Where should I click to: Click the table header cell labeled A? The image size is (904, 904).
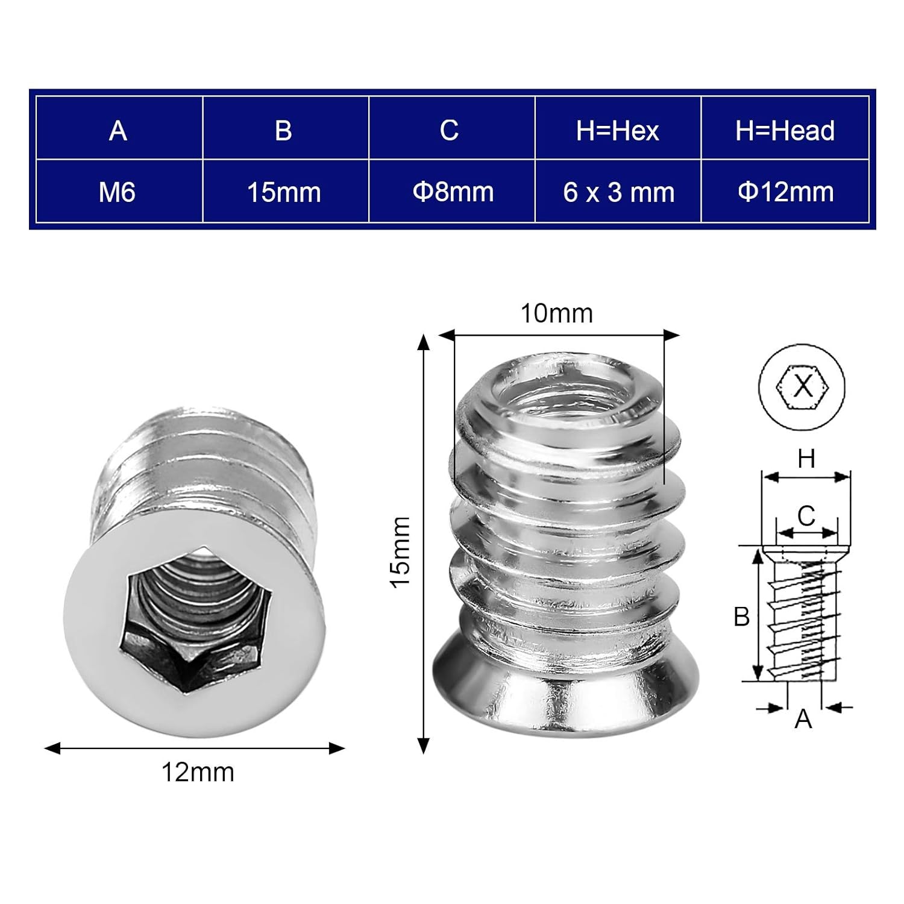coord(118,130)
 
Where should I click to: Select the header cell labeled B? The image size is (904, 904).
coord(283,130)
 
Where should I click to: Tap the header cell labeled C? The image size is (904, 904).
coord(449,130)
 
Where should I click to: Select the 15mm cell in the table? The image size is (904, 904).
coord(284,192)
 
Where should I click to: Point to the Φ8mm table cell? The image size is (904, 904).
coord(453,192)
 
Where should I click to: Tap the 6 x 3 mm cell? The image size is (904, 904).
coord(618,192)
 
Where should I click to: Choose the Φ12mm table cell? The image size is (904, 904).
coord(785,192)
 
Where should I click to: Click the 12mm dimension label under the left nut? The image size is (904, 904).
coord(198,773)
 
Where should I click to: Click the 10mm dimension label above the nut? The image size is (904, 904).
coord(556,313)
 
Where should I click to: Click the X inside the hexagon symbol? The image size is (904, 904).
coord(802,386)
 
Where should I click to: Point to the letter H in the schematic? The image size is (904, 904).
coord(806,459)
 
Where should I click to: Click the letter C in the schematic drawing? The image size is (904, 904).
coord(806,516)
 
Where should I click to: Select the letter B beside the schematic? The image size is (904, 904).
coord(741,617)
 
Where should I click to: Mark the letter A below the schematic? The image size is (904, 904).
coord(803,719)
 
